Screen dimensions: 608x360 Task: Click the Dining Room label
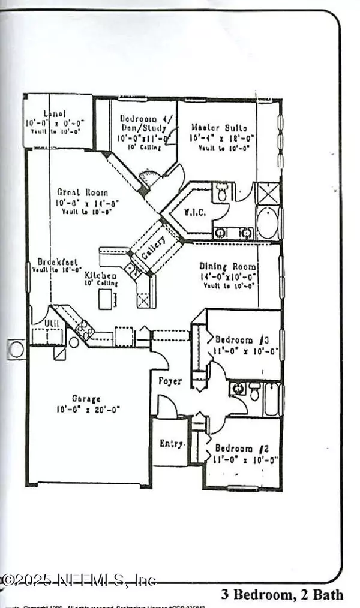click(229, 267)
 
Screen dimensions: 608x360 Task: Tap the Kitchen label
click(100, 275)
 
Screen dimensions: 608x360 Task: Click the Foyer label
click(170, 380)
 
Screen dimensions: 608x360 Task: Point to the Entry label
click(170, 443)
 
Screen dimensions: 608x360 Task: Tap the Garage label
click(86, 398)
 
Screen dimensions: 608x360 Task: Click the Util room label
click(41, 324)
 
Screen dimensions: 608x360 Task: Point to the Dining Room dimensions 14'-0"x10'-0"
click(229, 278)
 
